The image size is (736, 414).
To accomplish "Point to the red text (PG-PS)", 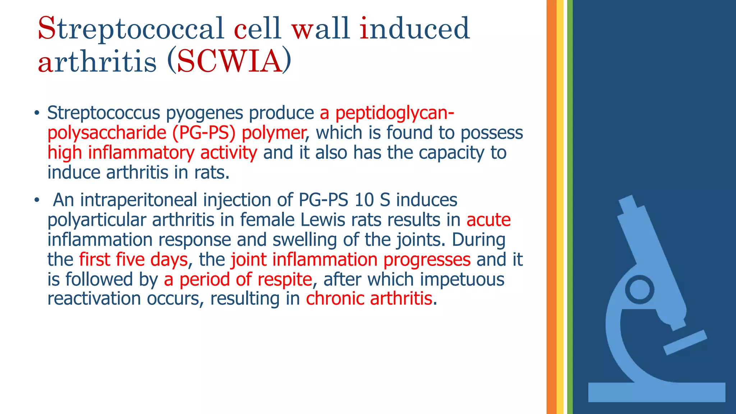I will pyautogui.click(x=204, y=133).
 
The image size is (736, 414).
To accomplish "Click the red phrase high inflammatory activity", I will pyautogui.click(x=152, y=153).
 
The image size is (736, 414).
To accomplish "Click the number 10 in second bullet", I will pyautogui.click(x=364, y=200).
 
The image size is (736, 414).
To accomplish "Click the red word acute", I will pyautogui.click(x=488, y=220).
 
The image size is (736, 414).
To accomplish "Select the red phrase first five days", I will pyautogui.click(x=133, y=260).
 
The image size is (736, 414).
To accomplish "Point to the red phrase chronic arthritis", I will pyautogui.click(x=369, y=299).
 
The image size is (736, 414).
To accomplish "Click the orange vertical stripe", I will pyautogui.click(x=551, y=207).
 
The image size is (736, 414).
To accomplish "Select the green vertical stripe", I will pyautogui.click(x=570, y=207).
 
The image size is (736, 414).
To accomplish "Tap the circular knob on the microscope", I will pyautogui.click(x=640, y=289).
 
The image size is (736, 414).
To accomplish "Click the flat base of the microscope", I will pyautogui.click(x=657, y=392).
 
